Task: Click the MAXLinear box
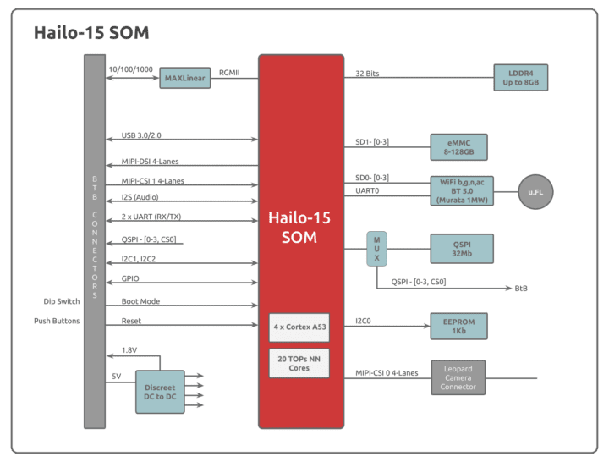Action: click(x=185, y=79)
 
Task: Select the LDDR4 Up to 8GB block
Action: click(x=520, y=78)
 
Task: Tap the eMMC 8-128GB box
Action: click(x=458, y=146)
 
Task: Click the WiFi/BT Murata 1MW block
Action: click(x=461, y=190)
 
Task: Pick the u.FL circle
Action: click(x=535, y=192)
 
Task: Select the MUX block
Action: click(x=376, y=249)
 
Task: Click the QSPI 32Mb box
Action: click(x=461, y=249)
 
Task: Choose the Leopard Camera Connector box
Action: click(x=458, y=377)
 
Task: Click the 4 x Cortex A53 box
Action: click(x=299, y=326)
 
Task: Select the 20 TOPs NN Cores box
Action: click(x=299, y=363)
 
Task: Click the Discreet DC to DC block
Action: click(x=160, y=393)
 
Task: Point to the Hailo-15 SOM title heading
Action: click(x=91, y=32)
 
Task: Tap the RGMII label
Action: click(x=229, y=74)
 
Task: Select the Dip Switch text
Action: click(x=62, y=301)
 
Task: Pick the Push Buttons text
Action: click(x=57, y=322)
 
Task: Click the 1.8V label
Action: click(x=129, y=349)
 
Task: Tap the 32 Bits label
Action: click(x=367, y=74)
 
